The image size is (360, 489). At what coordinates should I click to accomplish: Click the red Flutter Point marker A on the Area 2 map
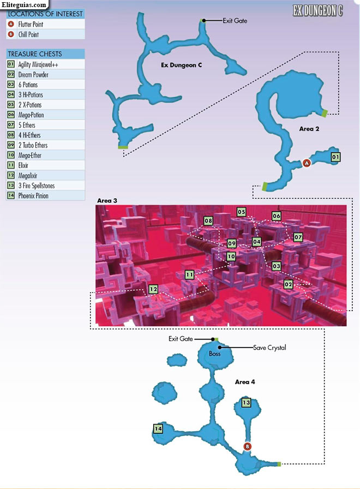click(x=307, y=163)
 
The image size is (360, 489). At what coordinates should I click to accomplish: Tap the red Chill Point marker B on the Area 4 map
click(x=247, y=446)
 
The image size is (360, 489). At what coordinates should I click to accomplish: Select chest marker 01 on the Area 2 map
click(x=335, y=157)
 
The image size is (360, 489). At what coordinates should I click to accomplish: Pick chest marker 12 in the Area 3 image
click(x=153, y=289)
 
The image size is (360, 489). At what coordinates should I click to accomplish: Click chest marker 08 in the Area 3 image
click(x=208, y=221)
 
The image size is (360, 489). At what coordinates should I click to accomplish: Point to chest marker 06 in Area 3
click(x=276, y=216)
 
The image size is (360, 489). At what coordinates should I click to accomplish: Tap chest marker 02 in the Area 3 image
click(x=289, y=284)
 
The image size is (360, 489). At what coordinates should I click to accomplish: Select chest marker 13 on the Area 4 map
click(x=246, y=402)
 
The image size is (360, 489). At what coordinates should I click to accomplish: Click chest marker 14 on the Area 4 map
click(x=158, y=428)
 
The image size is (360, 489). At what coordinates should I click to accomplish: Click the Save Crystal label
click(x=269, y=348)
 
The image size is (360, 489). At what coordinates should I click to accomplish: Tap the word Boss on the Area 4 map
click(x=214, y=354)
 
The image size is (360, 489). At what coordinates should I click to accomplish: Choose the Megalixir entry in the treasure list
click(x=28, y=176)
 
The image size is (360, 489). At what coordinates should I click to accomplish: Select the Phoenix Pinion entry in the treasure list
click(x=33, y=196)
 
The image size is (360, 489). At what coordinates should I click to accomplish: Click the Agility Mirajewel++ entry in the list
click(x=38, y=64)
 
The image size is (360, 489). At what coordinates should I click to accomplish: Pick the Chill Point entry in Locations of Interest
click(x=28, y=34)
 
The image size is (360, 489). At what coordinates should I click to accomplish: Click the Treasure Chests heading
click(x=35, y=54)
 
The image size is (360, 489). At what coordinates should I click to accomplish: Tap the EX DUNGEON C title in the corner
click(x=317, y=11)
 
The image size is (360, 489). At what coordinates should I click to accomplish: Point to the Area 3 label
click(x=107, y=200)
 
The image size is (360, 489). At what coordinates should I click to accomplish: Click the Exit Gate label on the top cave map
click(x=235, y=21)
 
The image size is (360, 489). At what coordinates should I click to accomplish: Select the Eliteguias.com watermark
click(x=23, y=5)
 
